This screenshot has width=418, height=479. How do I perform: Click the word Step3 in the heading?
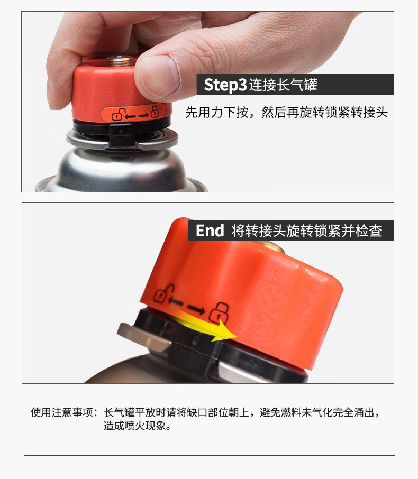(225, 85)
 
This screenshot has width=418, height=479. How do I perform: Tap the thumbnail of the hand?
(161, 74)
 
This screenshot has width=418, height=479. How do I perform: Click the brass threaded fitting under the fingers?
(120, 60)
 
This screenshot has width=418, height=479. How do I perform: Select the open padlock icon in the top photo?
(117, 115)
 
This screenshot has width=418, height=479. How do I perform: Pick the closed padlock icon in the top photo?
(155, 111)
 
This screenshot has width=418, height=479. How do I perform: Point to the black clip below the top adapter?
(121, 135)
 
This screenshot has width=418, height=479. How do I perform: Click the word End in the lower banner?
(210, 231)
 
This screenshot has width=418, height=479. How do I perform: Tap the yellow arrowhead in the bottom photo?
(224, 333)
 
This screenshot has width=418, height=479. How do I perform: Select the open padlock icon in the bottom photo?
(163, 293)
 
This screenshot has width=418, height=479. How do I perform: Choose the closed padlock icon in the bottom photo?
(219, 313)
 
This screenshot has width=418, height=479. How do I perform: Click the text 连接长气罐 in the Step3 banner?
(283, 85)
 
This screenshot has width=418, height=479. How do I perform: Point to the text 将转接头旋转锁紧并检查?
(307, 231)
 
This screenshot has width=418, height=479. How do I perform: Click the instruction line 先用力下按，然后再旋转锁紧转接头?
(286, 112)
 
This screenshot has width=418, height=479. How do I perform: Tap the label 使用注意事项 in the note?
(62, 412)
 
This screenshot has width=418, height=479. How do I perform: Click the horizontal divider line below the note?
(210, 456)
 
